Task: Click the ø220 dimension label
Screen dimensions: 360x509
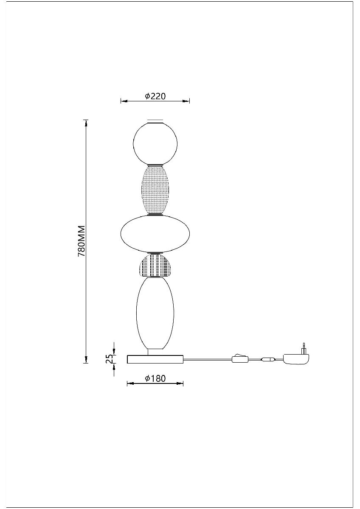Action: [155, 96]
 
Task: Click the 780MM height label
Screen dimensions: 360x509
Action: [82, 241]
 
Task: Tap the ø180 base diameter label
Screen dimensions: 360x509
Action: [155, 378]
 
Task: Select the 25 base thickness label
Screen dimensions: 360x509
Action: [110, 358]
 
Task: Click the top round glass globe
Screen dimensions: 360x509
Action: [155, 144]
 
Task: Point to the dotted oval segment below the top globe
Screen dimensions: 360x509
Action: [155, 190]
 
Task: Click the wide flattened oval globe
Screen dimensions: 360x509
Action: [155, 234]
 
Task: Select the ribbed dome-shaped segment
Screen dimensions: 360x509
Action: [155, 266]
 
